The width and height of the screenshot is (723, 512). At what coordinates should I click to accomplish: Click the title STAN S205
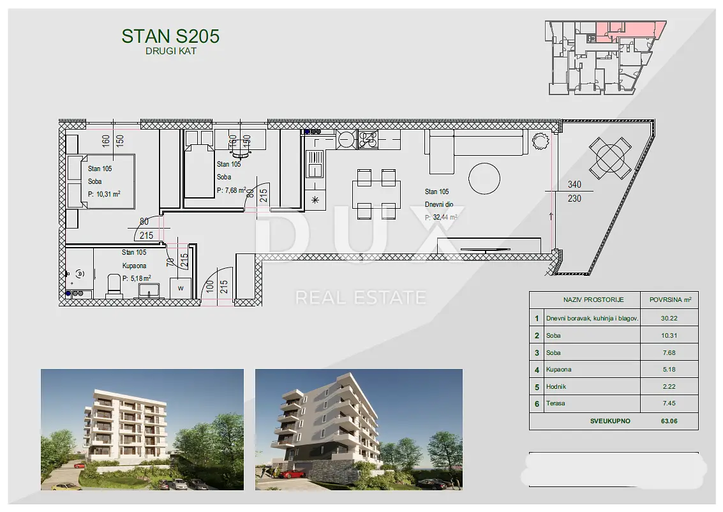point(170,36)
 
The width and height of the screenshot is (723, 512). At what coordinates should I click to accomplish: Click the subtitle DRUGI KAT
point(171,51)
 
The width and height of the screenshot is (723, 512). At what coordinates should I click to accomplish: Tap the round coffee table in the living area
point(484,179)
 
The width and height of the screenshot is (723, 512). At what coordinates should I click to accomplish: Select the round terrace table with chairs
point(609,158)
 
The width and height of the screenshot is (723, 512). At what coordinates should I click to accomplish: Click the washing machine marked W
point(181,289)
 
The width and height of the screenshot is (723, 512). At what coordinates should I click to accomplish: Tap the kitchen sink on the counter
point(315,165)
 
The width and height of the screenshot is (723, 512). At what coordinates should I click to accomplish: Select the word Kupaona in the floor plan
point(134,266)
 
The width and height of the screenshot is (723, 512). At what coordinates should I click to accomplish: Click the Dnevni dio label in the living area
point(439,204)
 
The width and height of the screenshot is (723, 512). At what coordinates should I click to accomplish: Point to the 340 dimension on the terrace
point(574,184)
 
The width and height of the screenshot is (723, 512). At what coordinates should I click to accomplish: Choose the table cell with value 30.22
point(669,318)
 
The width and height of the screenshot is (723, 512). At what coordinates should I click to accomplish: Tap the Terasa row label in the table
point(555,403)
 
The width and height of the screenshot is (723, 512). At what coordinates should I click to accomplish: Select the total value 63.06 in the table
point(669,421)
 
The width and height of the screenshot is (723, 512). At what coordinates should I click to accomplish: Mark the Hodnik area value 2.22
point(669,386)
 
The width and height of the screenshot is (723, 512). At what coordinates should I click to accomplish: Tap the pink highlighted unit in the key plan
point(629,31)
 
